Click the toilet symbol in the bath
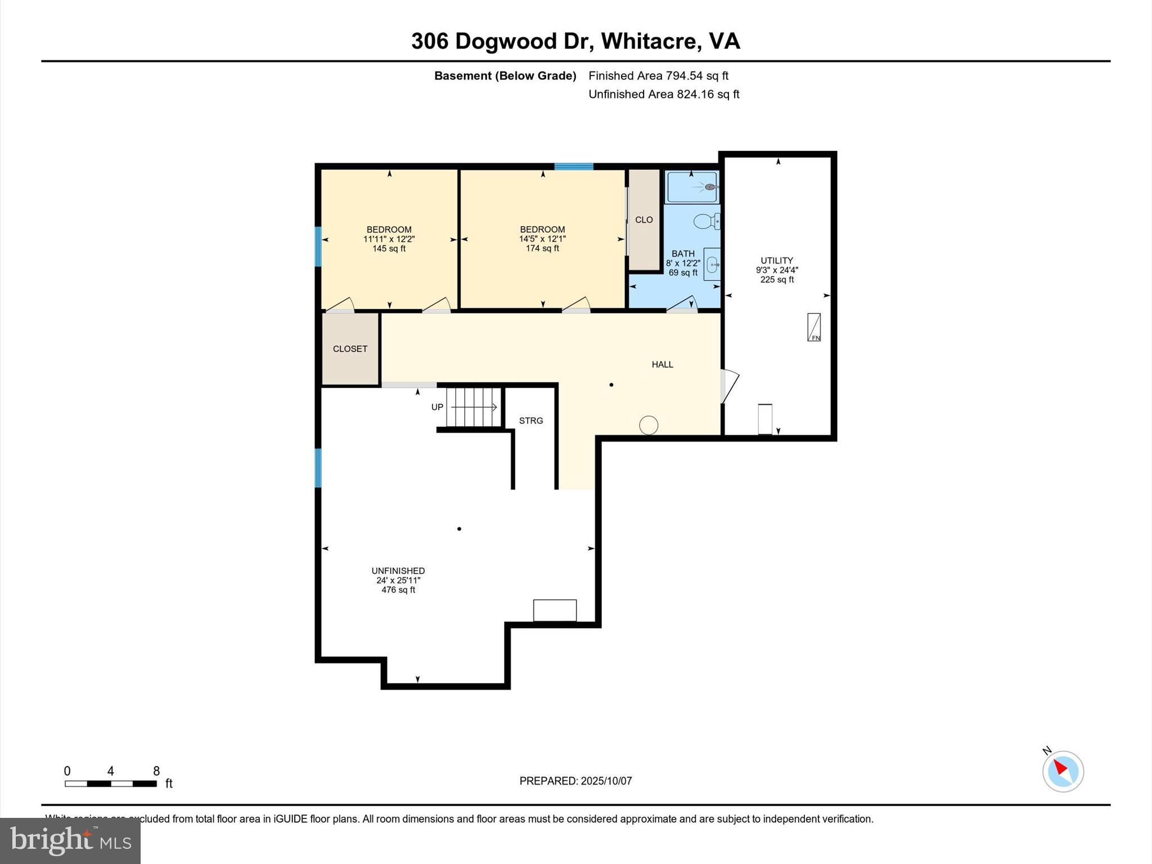click(x=706, y=222)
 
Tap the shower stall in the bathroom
click(x=692, y=187)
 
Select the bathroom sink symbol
click(x=713, y=264)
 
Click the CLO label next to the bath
click(x=643, y=220)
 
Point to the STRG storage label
click(x=530, y=421)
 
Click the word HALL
click(x=662, y=364)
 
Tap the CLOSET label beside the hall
click(x=350, y=349)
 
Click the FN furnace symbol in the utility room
click(x=813, y=327)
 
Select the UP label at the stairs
click(x=437, y=407)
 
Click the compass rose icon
click(x=1063, y=771)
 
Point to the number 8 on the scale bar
click(x=156, y=771)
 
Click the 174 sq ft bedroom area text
click(x=542, y=249)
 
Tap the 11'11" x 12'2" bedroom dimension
click(x=389, y=239)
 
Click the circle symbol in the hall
click(x=649, y=425)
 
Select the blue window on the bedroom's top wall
click(x=574, y=166)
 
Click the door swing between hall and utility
click(x=730, y=386)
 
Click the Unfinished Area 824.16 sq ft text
click(x=664, y=94)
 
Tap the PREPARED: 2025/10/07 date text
click(x=575, y=781)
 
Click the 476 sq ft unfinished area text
click(x=398, y=590)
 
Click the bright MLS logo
click(x=70, y=840)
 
